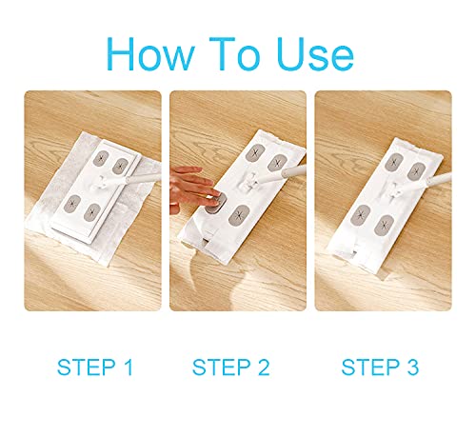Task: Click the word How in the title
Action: (x=149, y=53)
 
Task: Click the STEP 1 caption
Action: (x=95, y=367)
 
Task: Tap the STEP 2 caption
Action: (x=230, y=367)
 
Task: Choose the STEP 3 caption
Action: (x=380, y=367)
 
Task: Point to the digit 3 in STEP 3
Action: (x=413, y=367)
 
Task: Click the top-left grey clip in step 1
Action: (x=102, y=158)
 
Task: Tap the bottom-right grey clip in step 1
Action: (x=92, y=212)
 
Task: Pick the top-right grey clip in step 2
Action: (x=277, y=163)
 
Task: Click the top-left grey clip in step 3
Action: (x=394, y=162)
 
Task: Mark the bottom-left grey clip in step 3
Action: (x=361, y=214)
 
